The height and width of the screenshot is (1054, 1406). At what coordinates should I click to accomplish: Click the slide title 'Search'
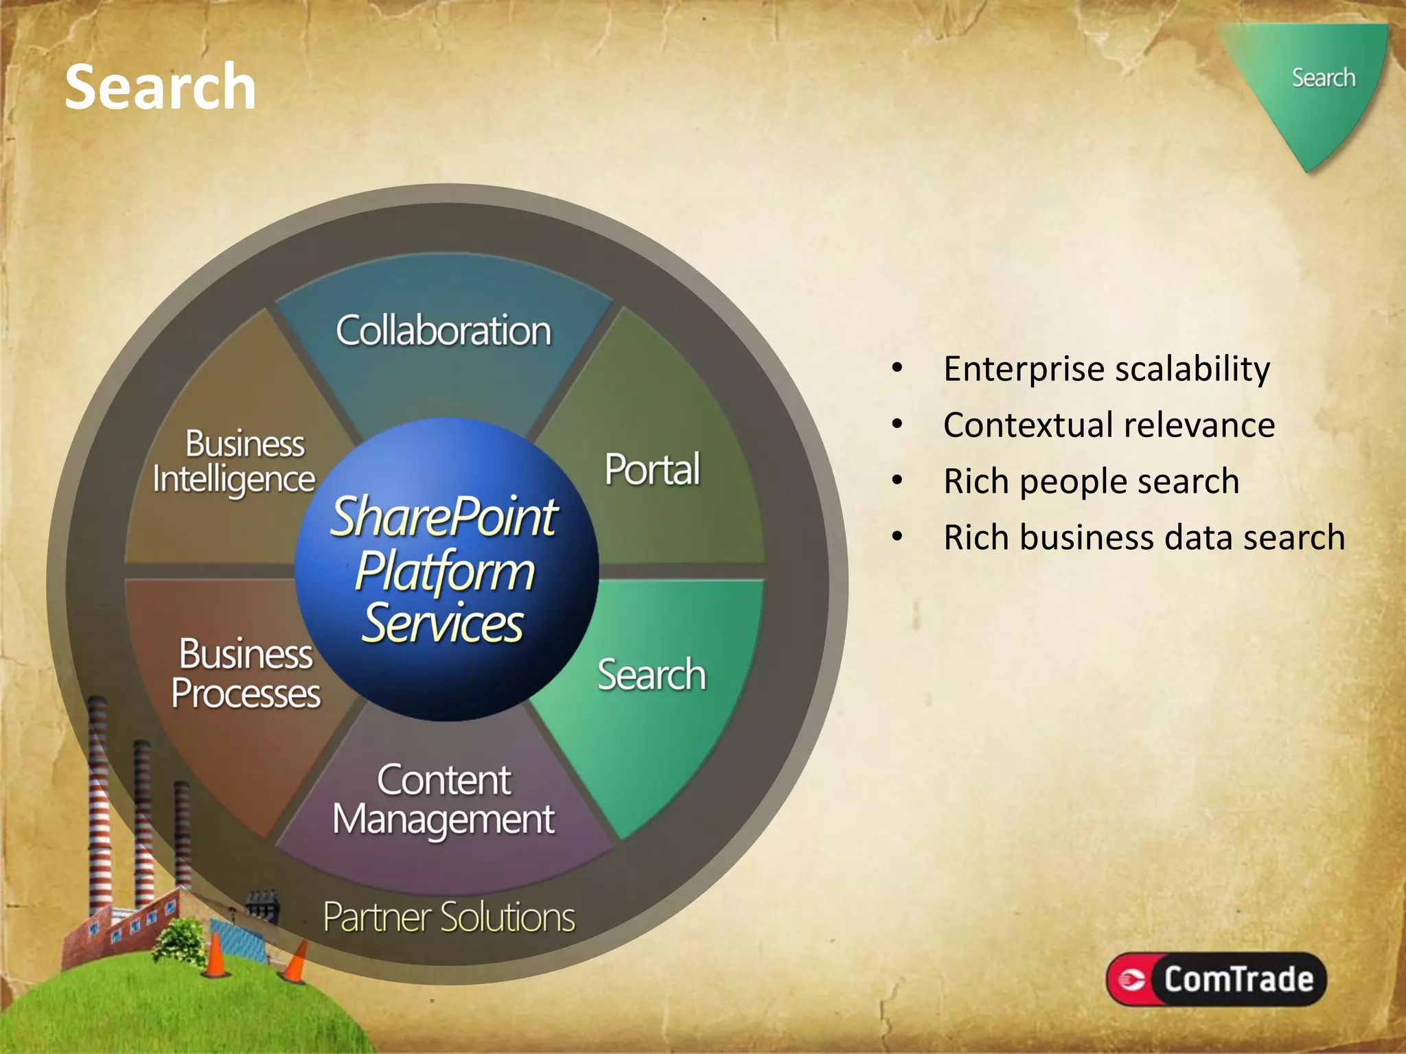[160, 87]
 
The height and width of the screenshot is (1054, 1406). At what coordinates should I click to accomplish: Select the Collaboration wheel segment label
[443, 331]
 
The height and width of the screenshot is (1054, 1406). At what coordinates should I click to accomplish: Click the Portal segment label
[652, 470]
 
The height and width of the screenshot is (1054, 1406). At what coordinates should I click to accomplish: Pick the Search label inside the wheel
[651, 675]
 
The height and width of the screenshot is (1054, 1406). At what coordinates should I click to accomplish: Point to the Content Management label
[443, 800]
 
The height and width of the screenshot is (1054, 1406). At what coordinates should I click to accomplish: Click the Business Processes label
[246, 674]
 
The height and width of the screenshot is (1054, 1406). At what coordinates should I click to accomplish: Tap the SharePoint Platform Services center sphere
[446, 570]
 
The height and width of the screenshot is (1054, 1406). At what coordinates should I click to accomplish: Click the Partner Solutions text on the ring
[449, 917]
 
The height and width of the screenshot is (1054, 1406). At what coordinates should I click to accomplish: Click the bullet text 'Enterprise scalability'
[1107, 369]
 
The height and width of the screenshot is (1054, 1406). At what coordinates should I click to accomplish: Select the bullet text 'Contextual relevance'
[1109, 425]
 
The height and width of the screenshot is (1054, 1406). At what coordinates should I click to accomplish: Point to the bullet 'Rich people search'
[1091, 482]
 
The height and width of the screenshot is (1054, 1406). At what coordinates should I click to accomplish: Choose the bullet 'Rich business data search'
[1144, 538]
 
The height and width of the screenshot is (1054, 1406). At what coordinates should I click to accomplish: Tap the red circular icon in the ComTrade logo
[1131, 979]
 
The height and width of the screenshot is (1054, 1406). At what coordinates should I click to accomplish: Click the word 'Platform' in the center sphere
[445, 572]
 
